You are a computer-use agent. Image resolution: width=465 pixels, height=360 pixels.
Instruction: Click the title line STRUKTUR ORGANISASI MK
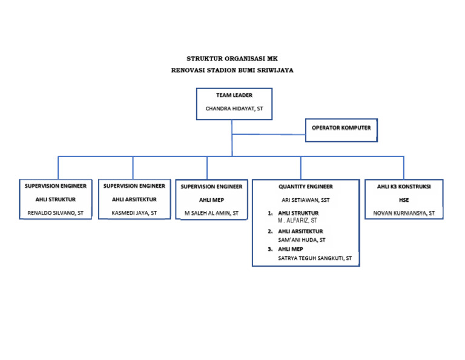(x=232, y=59)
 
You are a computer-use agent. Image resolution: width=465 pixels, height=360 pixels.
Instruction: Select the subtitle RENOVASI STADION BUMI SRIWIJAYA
(x=232, y=70)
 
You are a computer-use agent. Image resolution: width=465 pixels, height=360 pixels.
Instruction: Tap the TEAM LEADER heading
(x=234, y=95)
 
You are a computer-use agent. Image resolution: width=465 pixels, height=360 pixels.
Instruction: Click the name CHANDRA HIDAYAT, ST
(x=234, y=109)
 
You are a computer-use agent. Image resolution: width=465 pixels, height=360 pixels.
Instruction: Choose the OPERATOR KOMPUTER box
(x=341, y=128)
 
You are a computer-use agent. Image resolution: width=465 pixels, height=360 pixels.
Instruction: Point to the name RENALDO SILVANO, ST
(x=55, y=213)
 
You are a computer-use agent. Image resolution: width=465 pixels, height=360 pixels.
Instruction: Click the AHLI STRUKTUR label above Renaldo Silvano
(x=55, y=199)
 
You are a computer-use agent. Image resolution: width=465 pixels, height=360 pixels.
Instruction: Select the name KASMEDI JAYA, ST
(x=134, y=213)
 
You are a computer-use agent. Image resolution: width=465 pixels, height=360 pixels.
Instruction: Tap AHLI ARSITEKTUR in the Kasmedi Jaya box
(x=134, y=199)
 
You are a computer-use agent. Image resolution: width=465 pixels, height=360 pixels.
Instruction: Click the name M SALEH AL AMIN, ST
(x=211, y=213)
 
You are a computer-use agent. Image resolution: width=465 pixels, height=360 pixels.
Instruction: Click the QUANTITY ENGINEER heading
(x=305, y=186)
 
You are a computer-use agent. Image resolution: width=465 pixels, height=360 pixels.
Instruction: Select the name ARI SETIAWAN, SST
(x=305, y=199)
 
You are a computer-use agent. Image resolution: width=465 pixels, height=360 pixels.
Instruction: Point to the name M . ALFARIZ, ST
(x=297, y=221)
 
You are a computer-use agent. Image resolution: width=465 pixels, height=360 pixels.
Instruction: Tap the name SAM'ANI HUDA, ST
(x=302, y=240)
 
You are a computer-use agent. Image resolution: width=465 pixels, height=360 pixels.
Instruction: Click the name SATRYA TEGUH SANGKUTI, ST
(x=314, y=258)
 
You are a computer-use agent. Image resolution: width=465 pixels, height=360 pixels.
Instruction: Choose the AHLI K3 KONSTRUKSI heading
(x=404, y=187)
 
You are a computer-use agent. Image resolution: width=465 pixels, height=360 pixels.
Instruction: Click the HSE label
(x=404, y=200)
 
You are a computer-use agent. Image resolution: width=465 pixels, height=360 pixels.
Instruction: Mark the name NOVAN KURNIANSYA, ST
(x=404, y=213)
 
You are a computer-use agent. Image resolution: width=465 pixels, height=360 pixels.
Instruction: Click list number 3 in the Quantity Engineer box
(x=269, y=249)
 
